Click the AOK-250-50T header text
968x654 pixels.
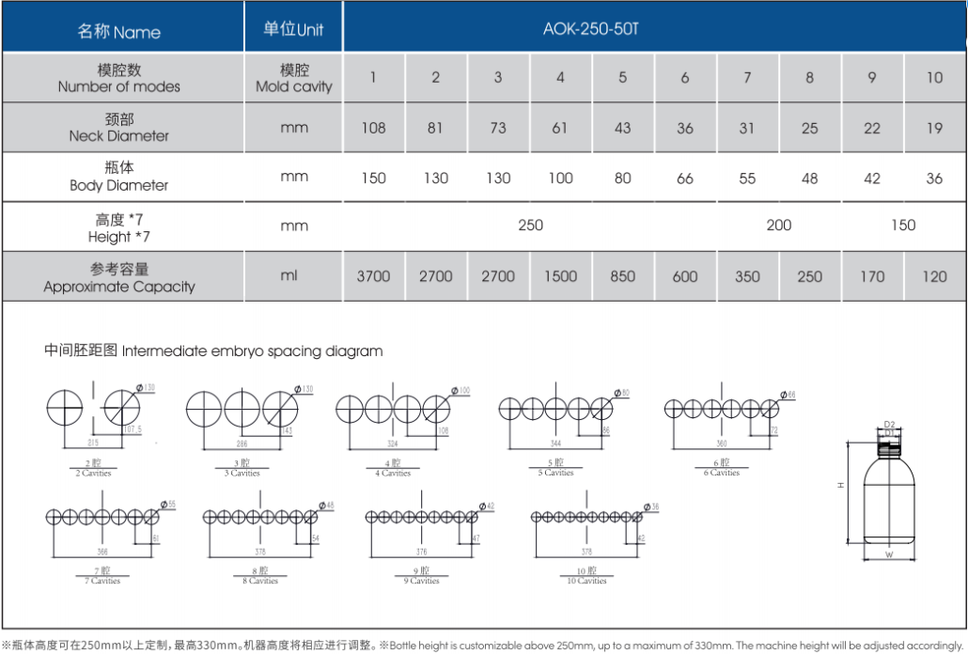click(x=590, y=29)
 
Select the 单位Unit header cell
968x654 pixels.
click(x=293, y=29)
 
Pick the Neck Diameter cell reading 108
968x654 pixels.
click(x=373, y=128)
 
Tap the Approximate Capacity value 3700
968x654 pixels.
click(x=373, y=276)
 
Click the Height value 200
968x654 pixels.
click(x=778, y=226)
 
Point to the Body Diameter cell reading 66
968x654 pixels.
click(x=684, y=178)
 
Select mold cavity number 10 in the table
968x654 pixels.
click(x=934, y=77)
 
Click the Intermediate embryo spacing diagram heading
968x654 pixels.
click(x=213, y=351)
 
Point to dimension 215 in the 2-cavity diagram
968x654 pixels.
click(x=92, y=442)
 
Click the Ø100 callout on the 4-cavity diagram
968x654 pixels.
click(x=461, y=390)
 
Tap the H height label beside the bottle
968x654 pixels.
click(x=841, y=485)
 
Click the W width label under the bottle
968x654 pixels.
click(x=888, y=554)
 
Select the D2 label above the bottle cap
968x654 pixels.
click(x=888, y=425)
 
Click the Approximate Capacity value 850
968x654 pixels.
click(x=622, y=276)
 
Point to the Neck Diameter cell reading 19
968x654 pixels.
click(x=934, y=128)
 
